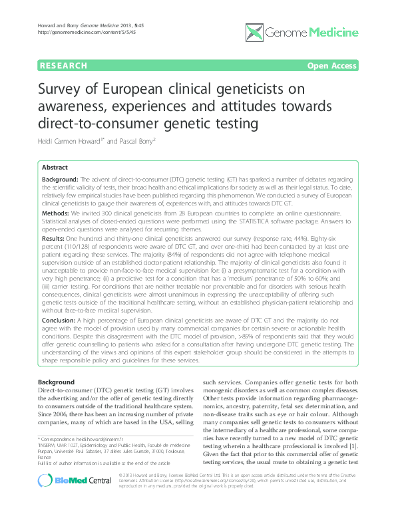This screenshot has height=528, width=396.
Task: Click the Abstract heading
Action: pyautogui.click(x=55, y=167)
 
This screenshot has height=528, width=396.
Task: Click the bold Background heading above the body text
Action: pyautogui.click(x=57, y=382)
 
